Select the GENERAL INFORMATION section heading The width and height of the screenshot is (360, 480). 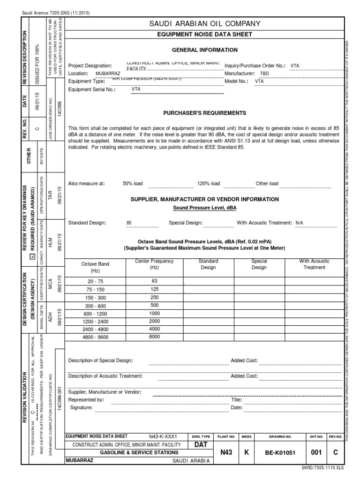(204, 50)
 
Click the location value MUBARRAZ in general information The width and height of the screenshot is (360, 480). (108, 74)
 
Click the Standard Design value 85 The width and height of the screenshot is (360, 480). (129, 223)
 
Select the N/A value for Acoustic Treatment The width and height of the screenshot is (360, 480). (300, 223)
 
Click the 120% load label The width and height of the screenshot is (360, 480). (209, 183)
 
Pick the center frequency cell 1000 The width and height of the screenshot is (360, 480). (155, 313)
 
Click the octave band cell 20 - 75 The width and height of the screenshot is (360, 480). (95, 281)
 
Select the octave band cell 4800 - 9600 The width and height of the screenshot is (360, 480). (95, 337)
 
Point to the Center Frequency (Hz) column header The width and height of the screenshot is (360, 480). (155, 264)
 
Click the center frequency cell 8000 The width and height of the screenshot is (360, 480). (155, 337)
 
